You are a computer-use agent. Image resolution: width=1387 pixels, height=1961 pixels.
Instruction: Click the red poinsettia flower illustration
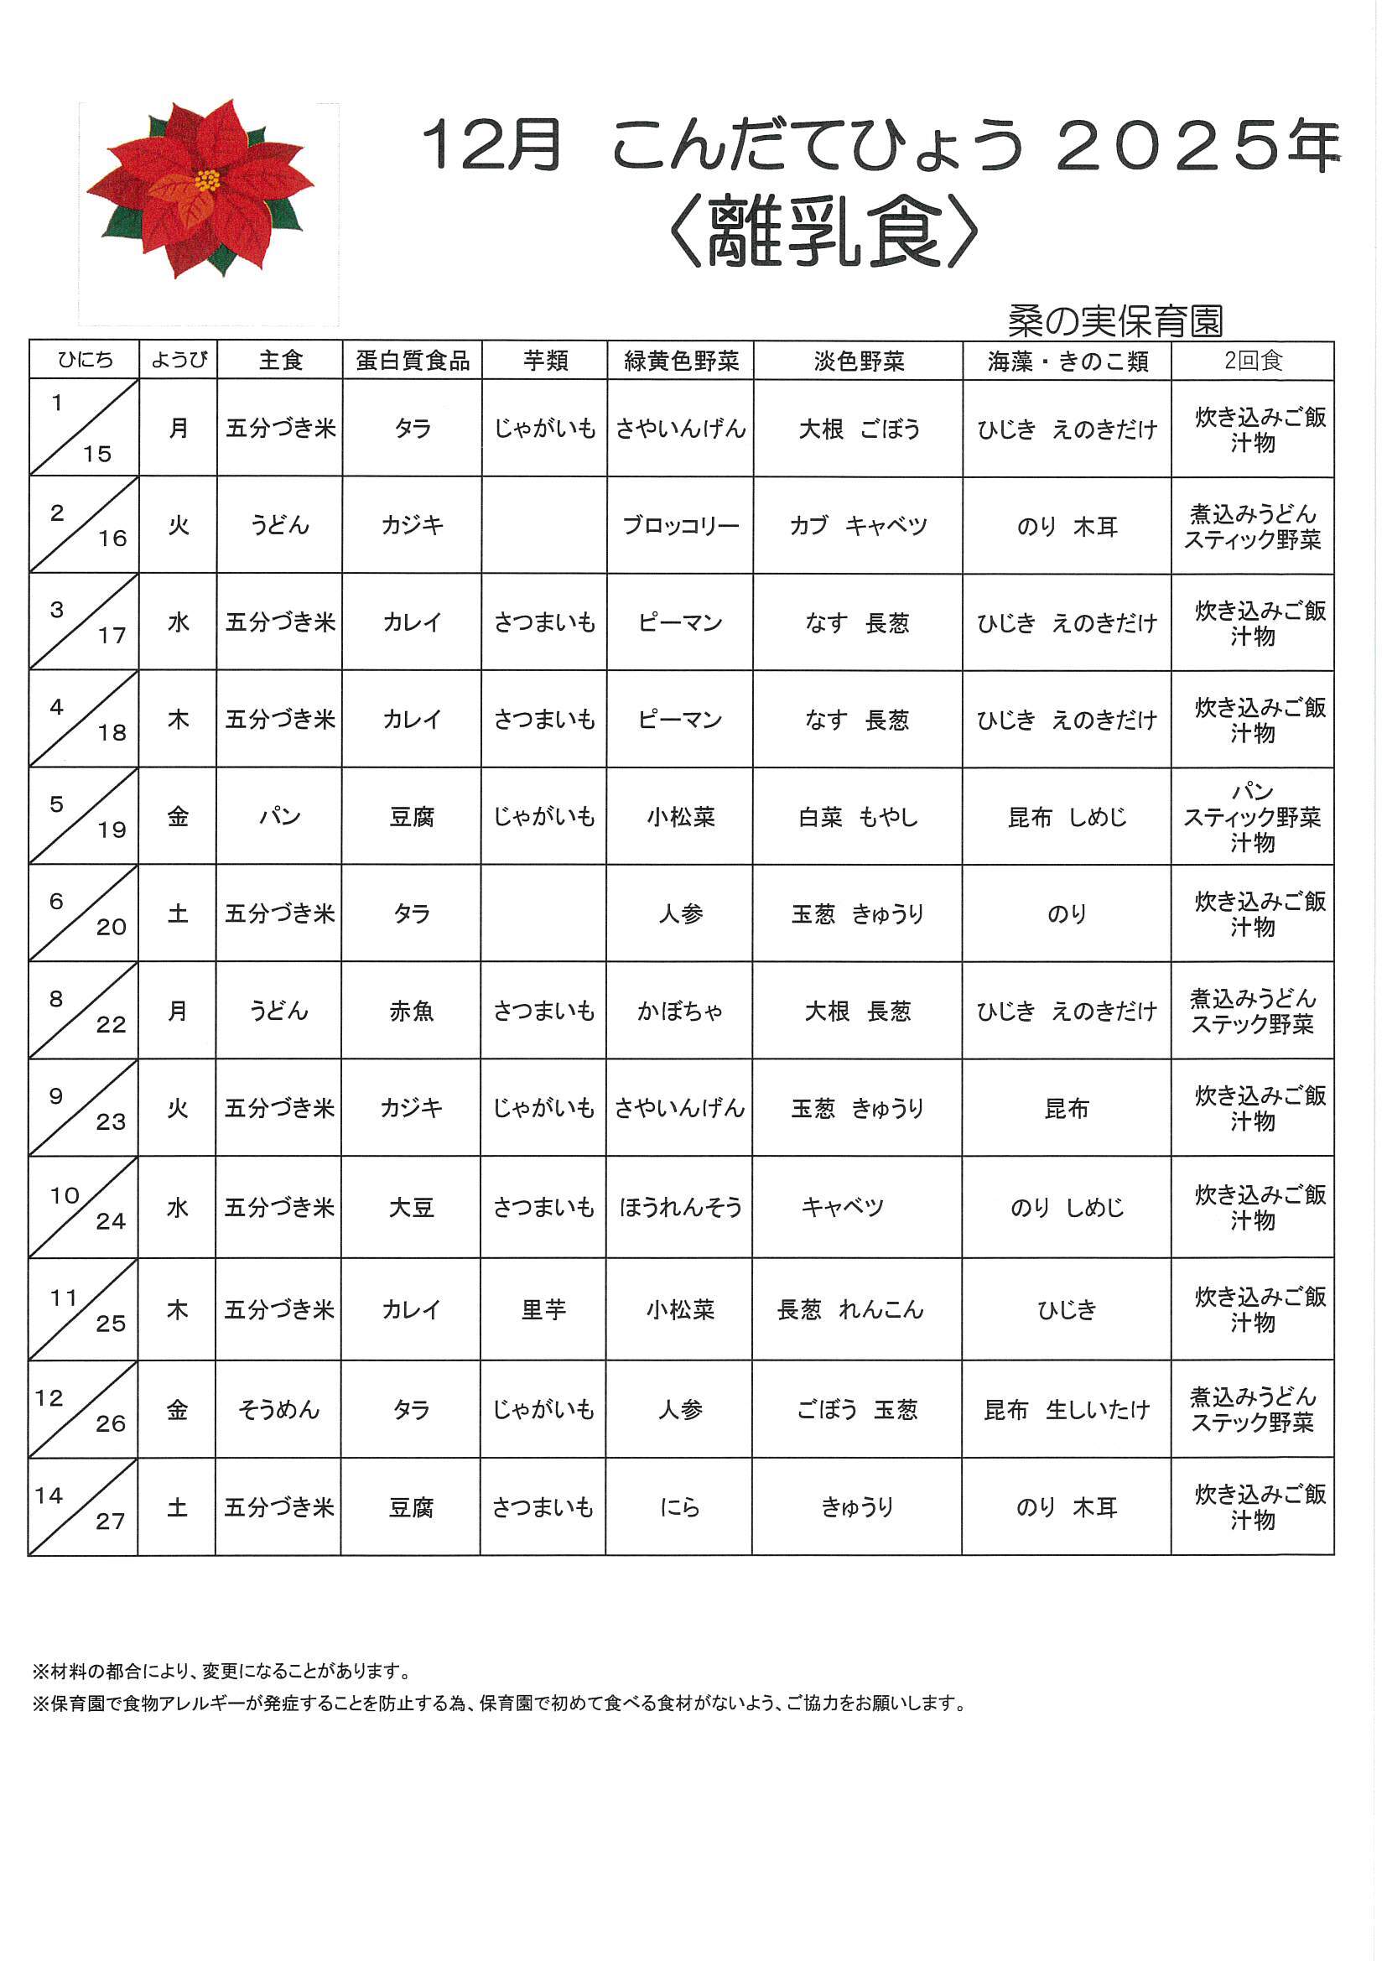click(x=201, y=187)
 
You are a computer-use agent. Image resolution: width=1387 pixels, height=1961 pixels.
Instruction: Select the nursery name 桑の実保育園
click(x=1115, y=321)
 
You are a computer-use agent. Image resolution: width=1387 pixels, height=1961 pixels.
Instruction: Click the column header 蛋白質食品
click(x=413, y=361)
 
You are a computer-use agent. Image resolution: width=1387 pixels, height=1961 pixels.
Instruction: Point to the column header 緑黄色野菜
click(x=681, y=361)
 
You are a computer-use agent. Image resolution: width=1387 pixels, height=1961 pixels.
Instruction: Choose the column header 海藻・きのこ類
click(x=1068, y=361)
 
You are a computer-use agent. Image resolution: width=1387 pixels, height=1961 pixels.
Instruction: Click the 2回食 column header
click(x=1253, y=361)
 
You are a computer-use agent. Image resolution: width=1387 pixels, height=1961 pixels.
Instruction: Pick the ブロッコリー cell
click(x=681, y=525)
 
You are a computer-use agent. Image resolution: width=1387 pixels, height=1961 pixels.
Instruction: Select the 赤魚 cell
click(x=412, y=1012)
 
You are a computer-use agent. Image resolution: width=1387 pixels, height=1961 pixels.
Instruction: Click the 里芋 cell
click(x=544, y=1309)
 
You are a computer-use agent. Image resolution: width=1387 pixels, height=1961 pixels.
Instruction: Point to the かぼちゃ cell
click(x=681, y=1012)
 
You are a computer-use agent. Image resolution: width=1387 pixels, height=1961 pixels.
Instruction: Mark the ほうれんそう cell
click(x=681, y=1207)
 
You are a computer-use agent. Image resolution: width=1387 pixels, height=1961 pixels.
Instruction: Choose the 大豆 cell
click(x=412, y=1207)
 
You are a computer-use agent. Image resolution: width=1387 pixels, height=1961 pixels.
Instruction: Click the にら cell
click(x=681, y=1506)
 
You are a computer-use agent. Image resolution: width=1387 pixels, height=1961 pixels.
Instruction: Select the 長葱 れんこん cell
click(x=850, y=1309)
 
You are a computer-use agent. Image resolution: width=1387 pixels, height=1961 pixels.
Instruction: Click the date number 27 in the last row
click(x=110, y=1521)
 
